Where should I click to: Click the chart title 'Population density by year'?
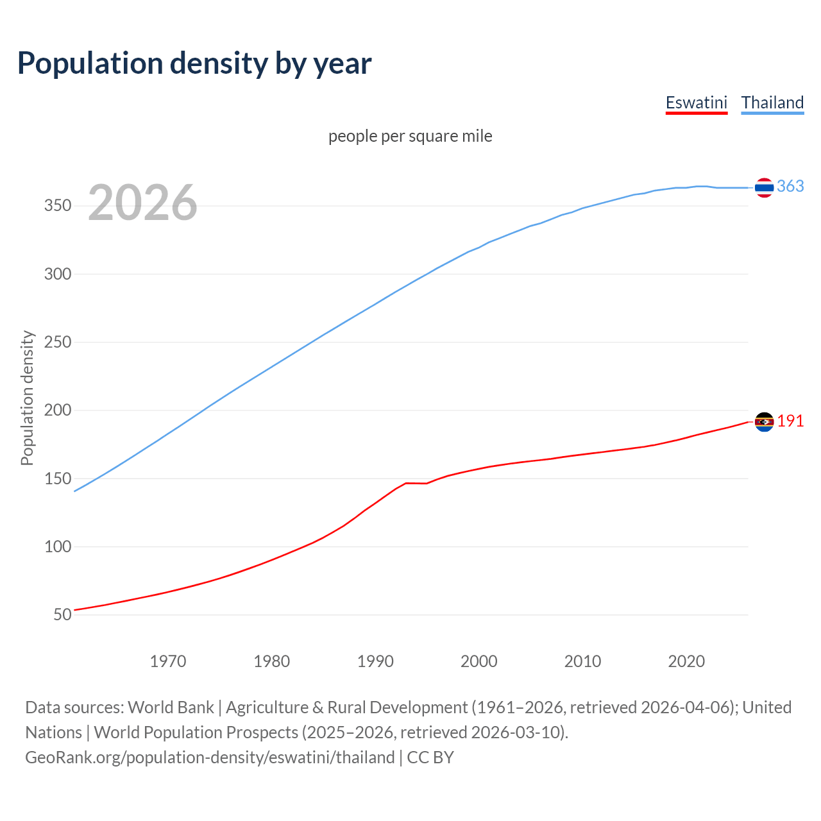click(194, 63)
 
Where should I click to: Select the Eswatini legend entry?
click(697, 103)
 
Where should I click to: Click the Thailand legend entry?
click(772, 103)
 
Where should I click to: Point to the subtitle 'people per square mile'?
click(410, 136)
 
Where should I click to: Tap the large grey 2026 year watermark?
click(142, 203)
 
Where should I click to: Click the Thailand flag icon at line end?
click(764, 187)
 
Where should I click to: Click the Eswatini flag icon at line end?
click(764, 421)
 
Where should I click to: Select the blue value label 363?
click(790, 186)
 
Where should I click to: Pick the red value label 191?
click(790, 421)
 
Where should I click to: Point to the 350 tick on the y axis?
click(58, 206)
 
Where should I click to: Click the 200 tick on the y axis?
click(58, 410)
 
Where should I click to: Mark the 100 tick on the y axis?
click(58, 547)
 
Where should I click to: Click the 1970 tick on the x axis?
click(168, 661)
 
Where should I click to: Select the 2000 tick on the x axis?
click(479, 661)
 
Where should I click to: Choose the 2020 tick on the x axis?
click(686, 661)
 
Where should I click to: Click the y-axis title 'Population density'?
click(27, 398)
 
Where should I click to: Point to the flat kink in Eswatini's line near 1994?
click(416, 483)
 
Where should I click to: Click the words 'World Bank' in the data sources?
click(171, 707)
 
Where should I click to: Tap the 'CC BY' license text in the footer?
click(430, 758)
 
